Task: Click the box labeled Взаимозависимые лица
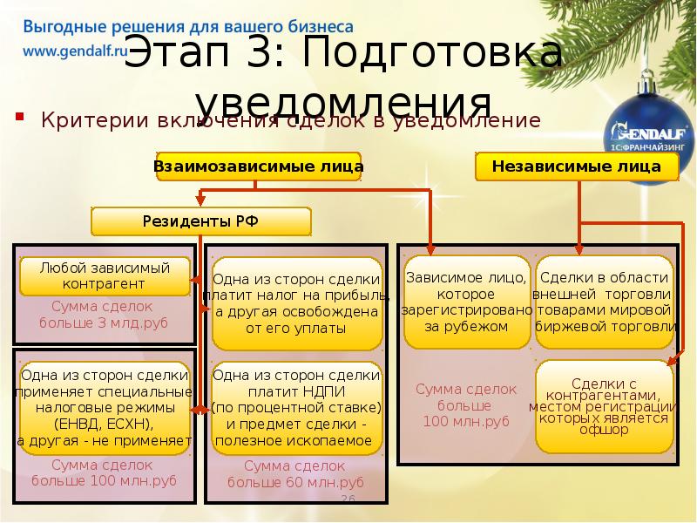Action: point(259,166)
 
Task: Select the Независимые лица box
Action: point(576,166)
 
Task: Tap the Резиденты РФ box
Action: point(200,221)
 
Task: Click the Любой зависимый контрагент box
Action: point(104,275)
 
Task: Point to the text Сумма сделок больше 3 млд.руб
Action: point(103,316)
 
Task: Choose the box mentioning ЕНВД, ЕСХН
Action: point(104,407)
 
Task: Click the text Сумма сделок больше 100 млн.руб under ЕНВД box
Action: point(104,473)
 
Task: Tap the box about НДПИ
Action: point(296,407)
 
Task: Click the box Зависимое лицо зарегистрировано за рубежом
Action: point(467,302)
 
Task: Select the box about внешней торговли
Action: point(605,302)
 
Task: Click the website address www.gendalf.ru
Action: point(75,51)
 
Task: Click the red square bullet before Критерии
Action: point(19,117)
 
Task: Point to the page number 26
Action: point(348,499)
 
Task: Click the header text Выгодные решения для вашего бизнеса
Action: point(187,27)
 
